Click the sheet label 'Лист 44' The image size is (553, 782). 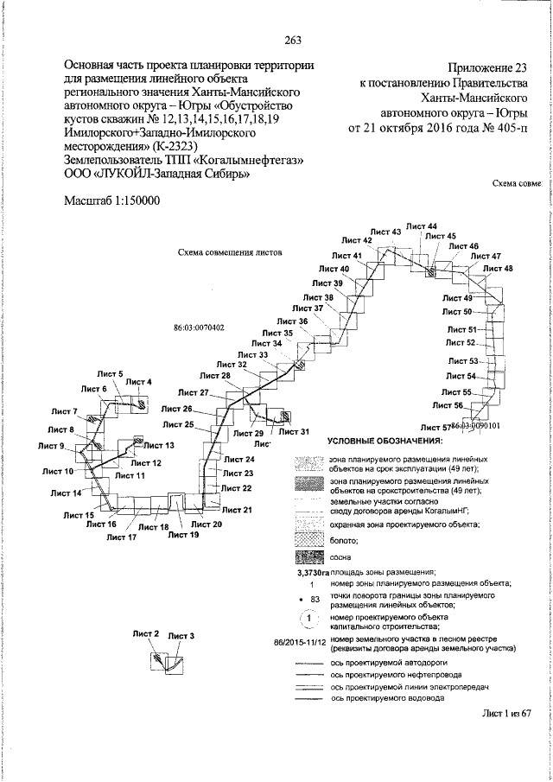[x=421, y=226]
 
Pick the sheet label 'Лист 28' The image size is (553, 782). [x=214, y=376]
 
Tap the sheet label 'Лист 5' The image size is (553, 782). [x=110, y=373]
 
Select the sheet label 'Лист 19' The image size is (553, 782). [x=183, y=536]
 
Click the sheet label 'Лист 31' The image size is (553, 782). [x=293, y=431]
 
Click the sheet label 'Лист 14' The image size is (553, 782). [x=67, y=493]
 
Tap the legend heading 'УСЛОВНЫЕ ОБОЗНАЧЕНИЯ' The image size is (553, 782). [x=385, y=442]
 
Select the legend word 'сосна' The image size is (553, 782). [x=340, y=557]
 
